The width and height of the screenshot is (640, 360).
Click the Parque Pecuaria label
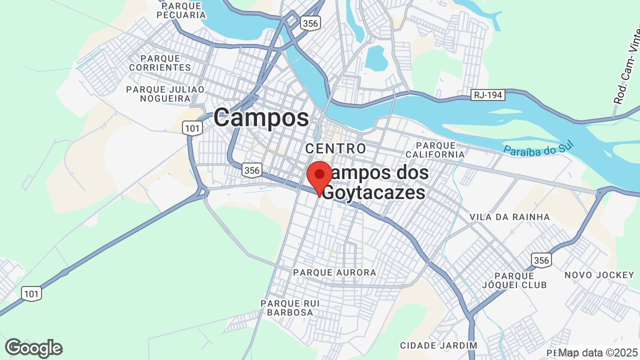(180, 10)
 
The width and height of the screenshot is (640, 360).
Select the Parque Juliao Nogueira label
(165, 93)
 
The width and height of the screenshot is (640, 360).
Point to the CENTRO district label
(335, 148)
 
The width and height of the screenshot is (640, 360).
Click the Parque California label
(434, 149)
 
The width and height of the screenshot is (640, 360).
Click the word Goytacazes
(374, 192)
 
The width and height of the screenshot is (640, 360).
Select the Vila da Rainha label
(509, 217)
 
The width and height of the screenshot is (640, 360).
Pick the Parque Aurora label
(334, 272)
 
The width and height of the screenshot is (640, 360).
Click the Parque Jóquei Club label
(520, 280)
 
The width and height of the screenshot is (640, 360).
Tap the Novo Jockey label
(599, 275)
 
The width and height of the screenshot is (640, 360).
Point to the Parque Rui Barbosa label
(287, 308)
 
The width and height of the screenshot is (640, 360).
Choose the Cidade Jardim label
(438, 345)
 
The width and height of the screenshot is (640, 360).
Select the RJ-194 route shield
(488, 95)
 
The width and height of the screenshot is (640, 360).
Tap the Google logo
(34, 348)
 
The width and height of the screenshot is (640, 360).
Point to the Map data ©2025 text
(598, 353)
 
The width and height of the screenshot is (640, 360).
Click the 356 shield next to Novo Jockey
(541, 260)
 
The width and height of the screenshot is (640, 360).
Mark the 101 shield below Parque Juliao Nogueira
(192, 128)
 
